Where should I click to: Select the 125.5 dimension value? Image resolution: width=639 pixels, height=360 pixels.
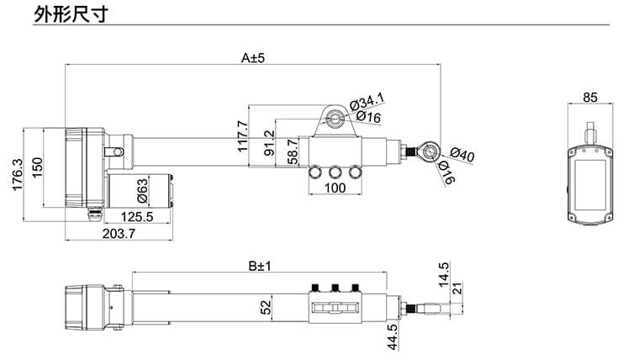point(135,216)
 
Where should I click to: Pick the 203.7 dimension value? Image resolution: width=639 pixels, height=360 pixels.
point(118,234)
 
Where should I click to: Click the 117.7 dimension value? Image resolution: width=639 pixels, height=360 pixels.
point(243,136)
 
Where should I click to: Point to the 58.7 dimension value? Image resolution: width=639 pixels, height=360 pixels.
point(293,151)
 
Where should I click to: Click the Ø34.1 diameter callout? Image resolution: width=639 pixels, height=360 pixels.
point(367,100)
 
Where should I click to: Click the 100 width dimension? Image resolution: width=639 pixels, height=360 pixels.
point(335,188)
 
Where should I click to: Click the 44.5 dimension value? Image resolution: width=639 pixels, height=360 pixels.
point(392,336)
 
